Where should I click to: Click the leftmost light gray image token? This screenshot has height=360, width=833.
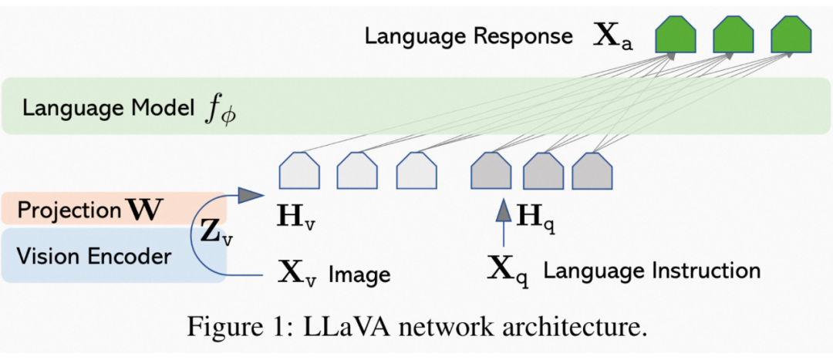(299, 170)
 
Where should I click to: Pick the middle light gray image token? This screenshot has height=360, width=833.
(358, 170)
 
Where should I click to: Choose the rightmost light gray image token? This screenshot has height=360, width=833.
(416, 170)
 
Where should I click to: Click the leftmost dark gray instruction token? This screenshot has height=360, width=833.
(491, 170)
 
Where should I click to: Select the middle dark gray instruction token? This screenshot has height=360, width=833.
(543, 170)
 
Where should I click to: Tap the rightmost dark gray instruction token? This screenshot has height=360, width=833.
(592, 170)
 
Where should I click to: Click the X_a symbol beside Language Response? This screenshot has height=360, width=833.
(612, 39)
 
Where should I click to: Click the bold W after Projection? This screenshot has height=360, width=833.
(141, 210)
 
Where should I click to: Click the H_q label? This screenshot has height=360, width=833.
(533, 216)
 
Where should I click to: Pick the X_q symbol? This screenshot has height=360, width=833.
(508, 273)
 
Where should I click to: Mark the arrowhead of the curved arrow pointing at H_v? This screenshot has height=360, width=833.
(250, 196)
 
